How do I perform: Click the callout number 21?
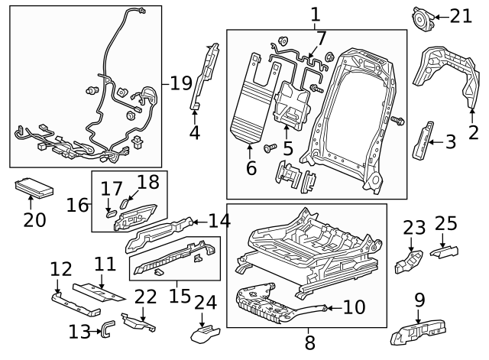461,16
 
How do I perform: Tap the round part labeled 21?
421,17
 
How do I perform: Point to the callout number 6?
251,167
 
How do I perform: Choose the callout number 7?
321,37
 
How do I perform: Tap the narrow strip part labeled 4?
202,76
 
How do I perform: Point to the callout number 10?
355,307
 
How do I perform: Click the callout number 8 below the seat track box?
309,341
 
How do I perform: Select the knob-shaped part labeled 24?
204,333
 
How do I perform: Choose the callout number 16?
77,205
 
